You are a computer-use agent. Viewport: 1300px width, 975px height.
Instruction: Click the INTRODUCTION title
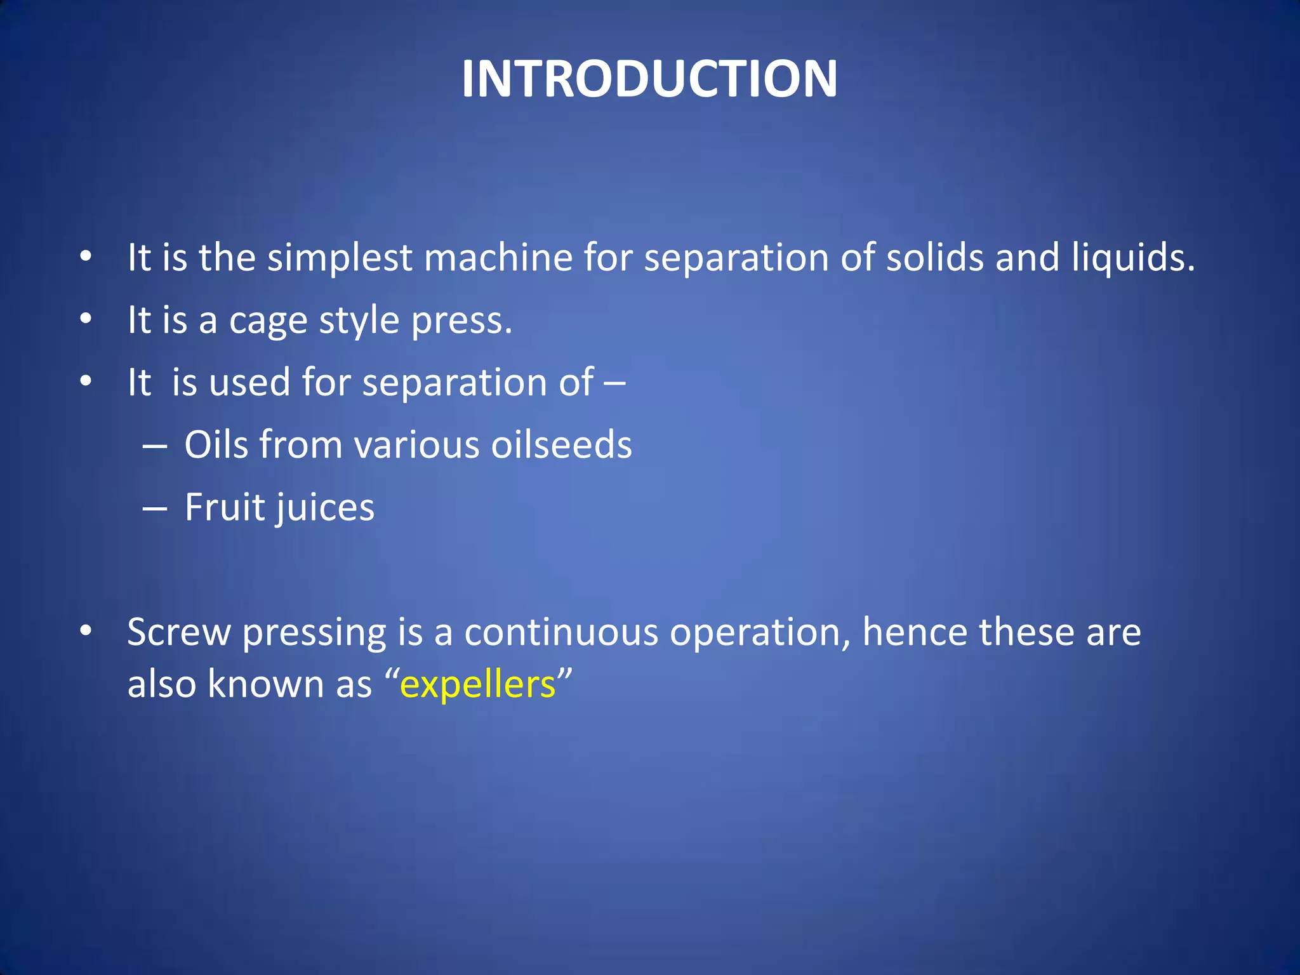(x=649, y=79)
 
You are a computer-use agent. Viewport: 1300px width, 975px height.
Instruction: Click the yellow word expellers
(x=478, y=685)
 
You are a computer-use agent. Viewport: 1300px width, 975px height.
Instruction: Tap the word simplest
(x=340, y=258)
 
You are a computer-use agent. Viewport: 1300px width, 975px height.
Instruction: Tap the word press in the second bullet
(x=460, y=321)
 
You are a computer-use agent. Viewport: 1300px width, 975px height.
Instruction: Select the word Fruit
(x=223, y=507)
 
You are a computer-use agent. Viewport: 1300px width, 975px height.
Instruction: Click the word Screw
(x=179, y=632)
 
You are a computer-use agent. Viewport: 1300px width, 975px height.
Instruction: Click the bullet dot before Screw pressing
(x=86, y=631)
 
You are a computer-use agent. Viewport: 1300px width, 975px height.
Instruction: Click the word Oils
(x=216, y=444)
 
